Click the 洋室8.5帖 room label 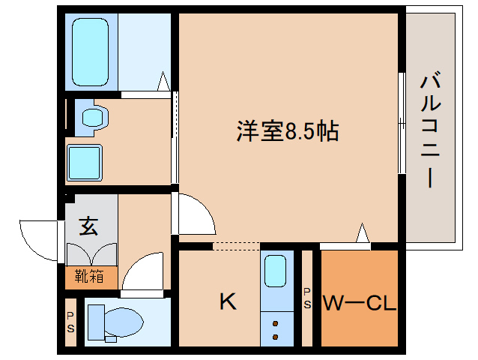pos(288,133)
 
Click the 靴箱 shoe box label pos(89,276)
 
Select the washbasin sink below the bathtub pos(94,117)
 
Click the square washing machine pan pos(84,161)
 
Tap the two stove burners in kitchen pos(276,331)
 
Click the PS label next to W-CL pos(306,298)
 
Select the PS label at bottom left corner pos(70,322)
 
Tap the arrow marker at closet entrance pos(362,234)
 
